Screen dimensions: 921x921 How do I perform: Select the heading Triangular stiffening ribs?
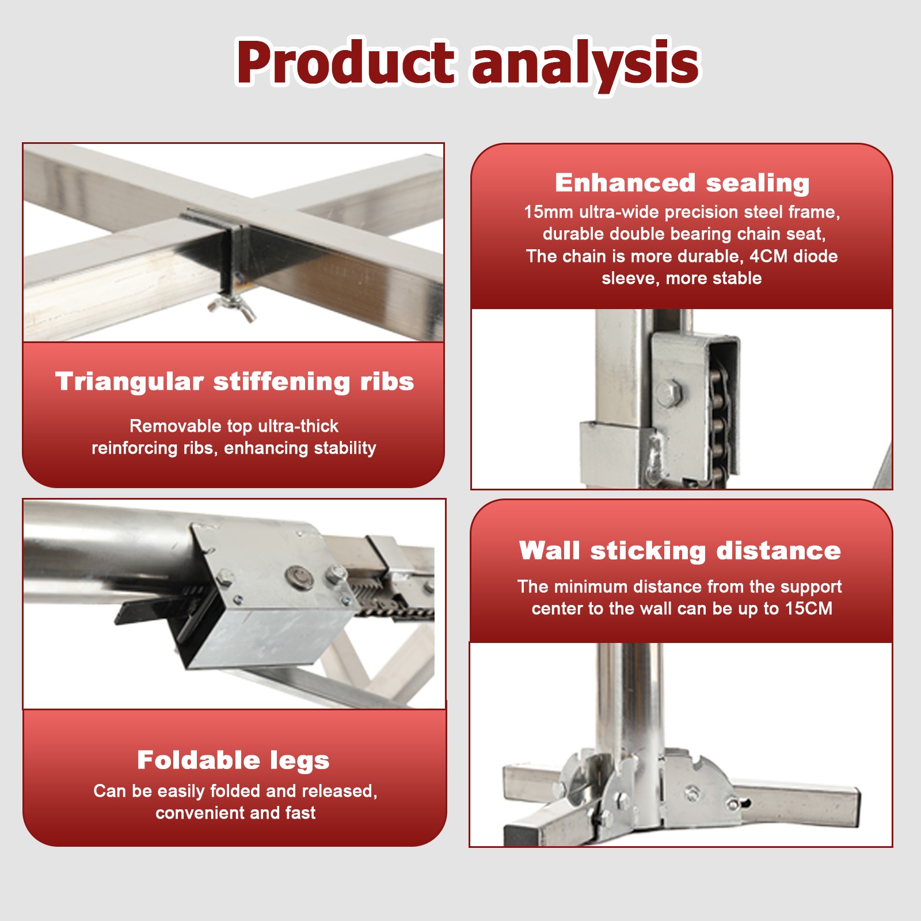click(x=234, y=382)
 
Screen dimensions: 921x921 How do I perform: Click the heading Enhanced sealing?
click(x=682, y=183)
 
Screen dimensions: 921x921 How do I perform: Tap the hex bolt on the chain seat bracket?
click(x=668, y=393)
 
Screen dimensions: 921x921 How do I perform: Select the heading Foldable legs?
click(x=233, y=760)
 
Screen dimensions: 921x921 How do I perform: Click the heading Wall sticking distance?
click(x=680, y=550)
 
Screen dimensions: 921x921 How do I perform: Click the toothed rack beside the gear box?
click(x=391, y=602)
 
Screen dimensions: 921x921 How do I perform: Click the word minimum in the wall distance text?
click(x=591, y=587)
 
